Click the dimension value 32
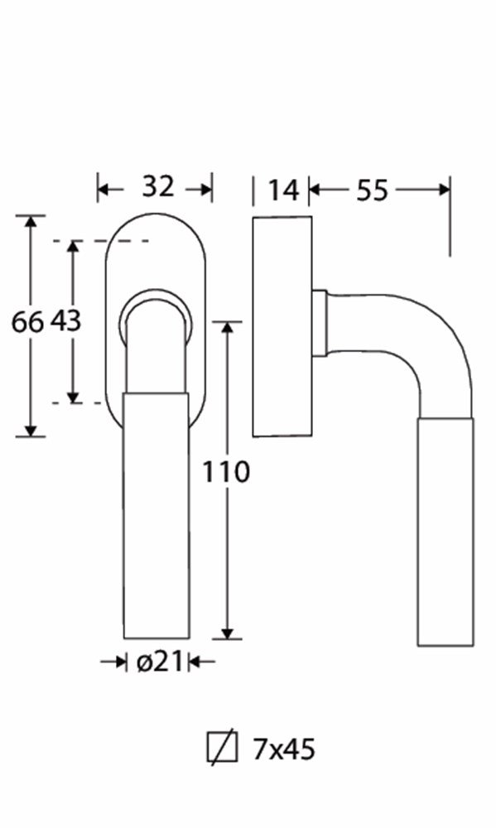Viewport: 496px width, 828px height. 157,186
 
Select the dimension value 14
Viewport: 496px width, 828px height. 283,190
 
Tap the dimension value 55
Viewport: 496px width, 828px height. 372,190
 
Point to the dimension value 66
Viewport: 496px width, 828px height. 27,321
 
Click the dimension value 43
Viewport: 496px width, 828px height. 65,320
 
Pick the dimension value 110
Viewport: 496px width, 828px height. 226,472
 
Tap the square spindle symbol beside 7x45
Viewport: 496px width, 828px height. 222,747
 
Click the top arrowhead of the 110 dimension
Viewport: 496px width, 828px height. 227,326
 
